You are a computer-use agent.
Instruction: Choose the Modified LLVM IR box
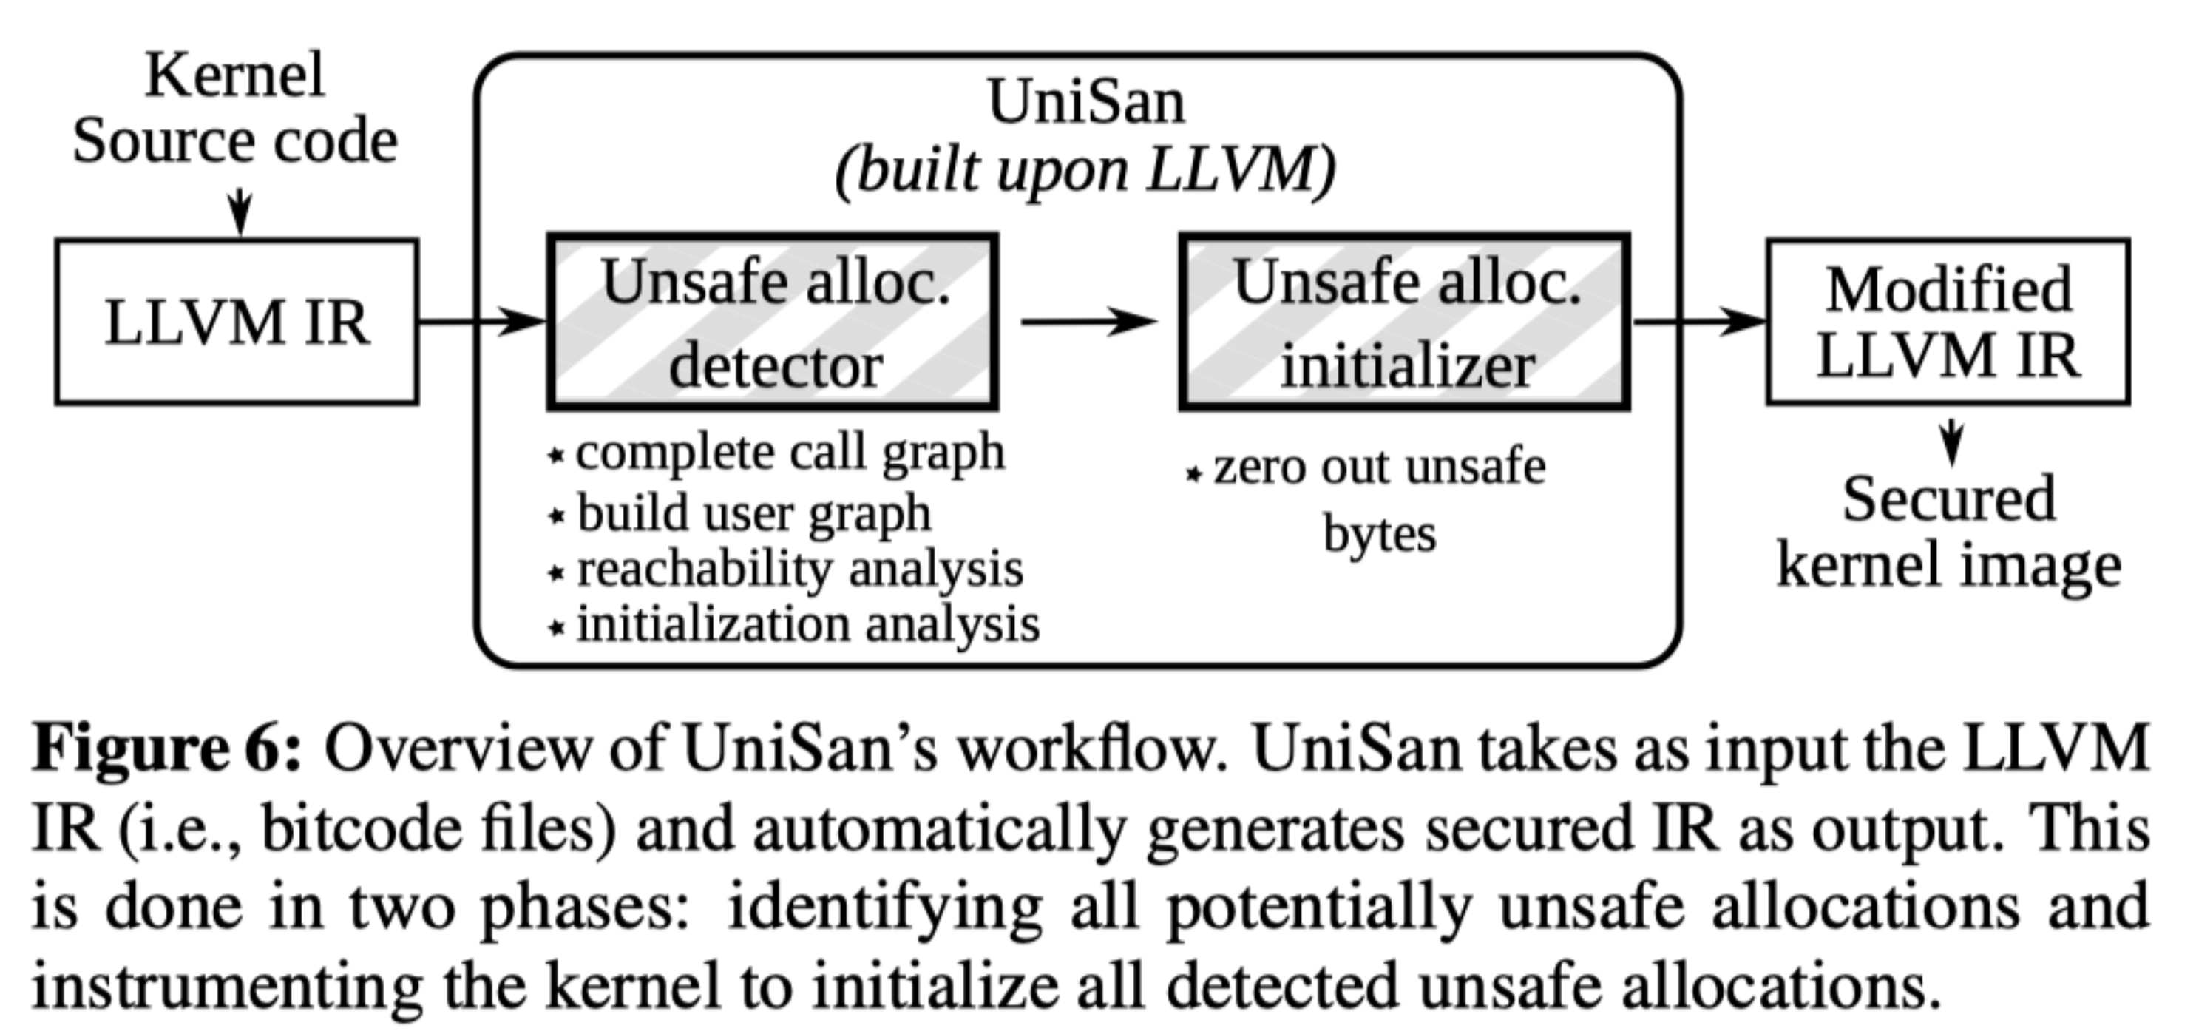coord(1948,322)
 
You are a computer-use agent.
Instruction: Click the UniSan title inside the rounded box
coord(1086,102)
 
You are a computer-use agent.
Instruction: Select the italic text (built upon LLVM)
coord(1085,172)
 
